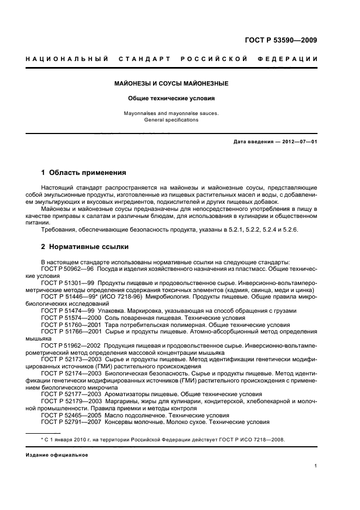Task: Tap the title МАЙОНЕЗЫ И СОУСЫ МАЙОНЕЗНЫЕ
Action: pos(171,84)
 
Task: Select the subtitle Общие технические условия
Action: pos(171,99)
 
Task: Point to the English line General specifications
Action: pos(171,119)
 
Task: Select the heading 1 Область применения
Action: pos(83,173)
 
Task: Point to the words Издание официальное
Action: pos(57,454)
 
